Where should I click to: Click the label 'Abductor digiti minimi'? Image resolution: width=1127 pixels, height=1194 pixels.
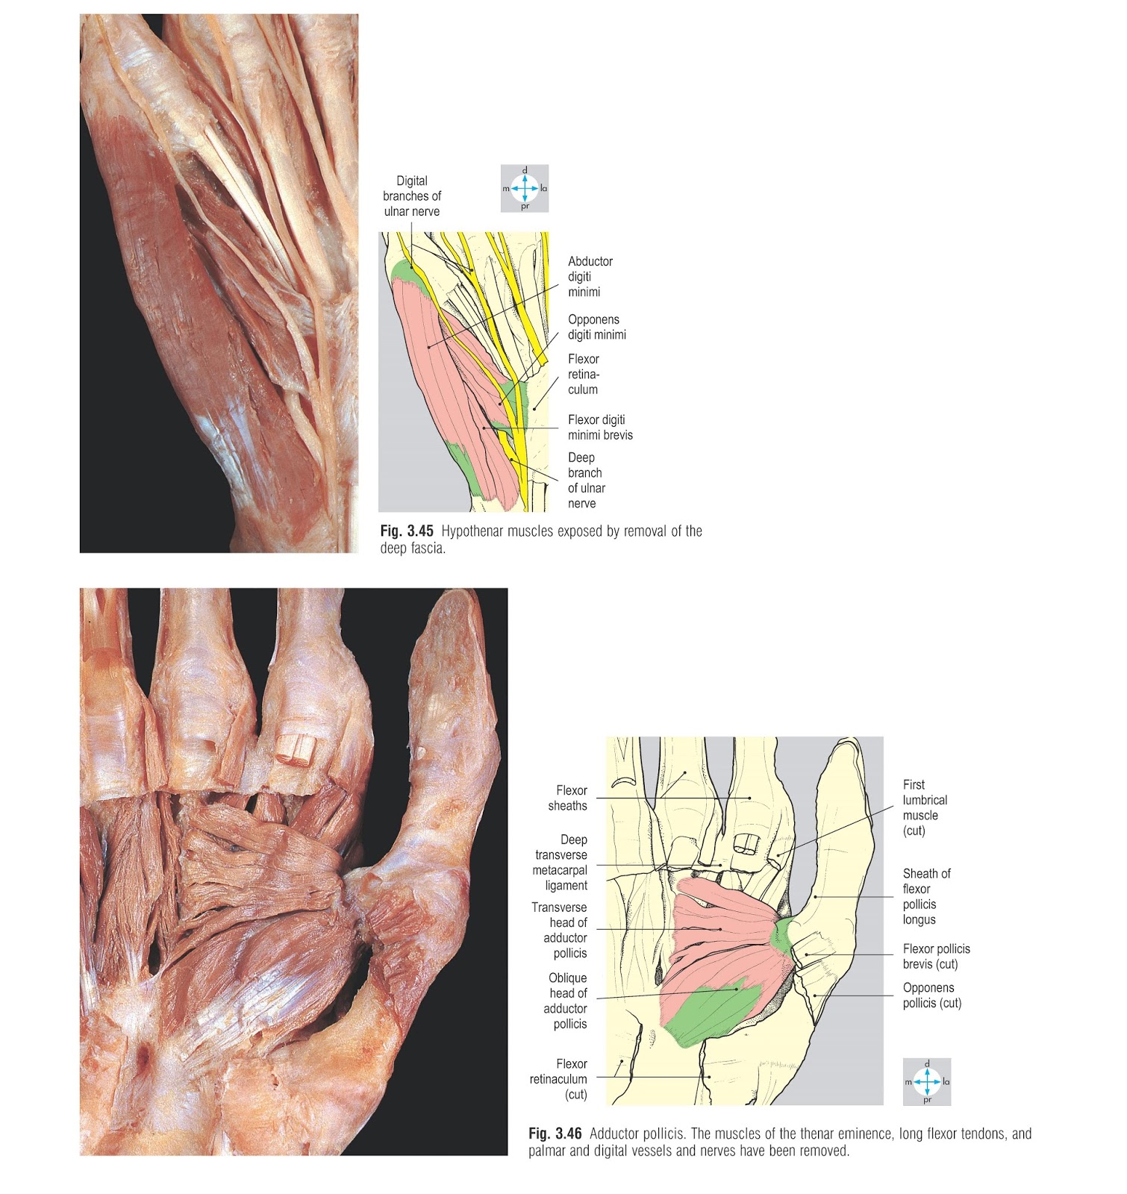[590, 276]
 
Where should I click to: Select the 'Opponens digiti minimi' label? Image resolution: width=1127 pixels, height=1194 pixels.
[596, 327]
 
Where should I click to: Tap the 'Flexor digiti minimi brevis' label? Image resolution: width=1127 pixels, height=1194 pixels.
[599, 427]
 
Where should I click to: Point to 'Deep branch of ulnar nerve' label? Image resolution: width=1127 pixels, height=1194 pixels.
[586, 480]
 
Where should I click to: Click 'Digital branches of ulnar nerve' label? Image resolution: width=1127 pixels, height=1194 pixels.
[412, 196]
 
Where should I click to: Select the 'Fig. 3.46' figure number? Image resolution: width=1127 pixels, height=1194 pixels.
[555, 1134]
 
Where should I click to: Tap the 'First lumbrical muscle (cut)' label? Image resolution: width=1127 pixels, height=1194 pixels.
[925, 807]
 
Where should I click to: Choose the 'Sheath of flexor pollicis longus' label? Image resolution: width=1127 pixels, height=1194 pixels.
[926, 896]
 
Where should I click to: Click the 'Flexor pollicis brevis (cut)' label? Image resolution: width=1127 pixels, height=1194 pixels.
[936, 956]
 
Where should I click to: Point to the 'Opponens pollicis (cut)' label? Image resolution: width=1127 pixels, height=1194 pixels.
[931, 995]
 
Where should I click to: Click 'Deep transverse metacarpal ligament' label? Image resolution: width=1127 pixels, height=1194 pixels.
[561, 863]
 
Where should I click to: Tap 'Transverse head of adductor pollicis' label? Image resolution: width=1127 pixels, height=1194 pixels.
[560, 930]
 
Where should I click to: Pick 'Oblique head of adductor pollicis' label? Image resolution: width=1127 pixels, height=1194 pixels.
[567, 1001]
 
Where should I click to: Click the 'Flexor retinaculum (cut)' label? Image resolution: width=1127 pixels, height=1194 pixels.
[559, 1079]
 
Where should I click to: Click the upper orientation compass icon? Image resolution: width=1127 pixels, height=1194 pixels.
[525, 188]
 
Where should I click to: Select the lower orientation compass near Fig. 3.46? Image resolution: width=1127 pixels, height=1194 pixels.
[927, 1081]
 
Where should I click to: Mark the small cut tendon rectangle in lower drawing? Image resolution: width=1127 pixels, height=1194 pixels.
[746, 844]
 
